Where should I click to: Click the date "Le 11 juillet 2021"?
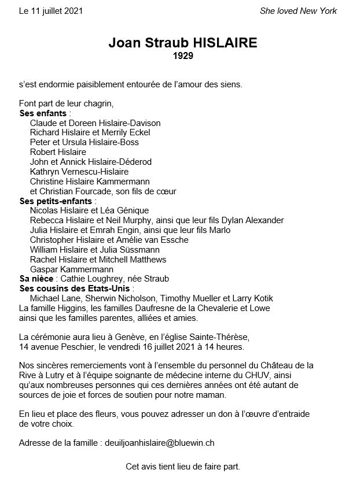click(x=50, y=11)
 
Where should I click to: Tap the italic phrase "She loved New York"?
click(x=298, y=11)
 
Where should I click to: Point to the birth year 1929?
click(x=183, y=56)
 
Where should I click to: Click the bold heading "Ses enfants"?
click(x=43, y=113)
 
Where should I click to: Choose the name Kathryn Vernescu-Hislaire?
click(x=79, y=172)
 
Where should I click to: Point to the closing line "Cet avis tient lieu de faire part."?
click(x=183, y=466)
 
